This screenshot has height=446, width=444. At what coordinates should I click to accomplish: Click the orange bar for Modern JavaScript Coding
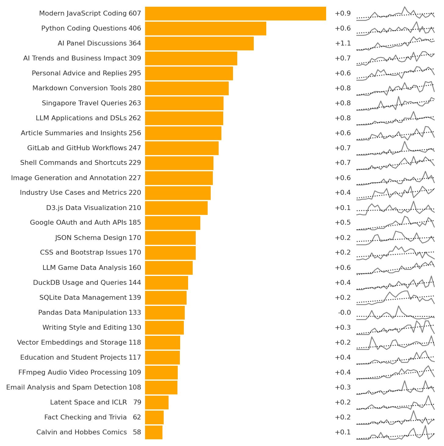point(235,14)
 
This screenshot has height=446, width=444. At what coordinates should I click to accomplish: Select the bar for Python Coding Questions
point(206,29)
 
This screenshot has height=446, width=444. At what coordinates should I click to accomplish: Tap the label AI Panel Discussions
point(92,43)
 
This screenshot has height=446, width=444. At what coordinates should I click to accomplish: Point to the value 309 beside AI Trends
point(135,58)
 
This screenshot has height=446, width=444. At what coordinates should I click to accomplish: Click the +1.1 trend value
point(343,43)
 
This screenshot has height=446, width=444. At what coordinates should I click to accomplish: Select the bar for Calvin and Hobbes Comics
point(154,432)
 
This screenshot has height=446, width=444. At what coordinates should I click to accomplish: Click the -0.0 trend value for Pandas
point(344,313)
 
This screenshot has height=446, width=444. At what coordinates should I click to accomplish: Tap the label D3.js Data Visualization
point(86,208)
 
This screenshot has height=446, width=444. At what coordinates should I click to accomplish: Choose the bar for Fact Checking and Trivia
point(154,417)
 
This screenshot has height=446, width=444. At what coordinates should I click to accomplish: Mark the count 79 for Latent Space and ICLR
point(137,402)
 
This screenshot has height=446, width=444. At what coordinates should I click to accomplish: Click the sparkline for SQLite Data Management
point(395,298)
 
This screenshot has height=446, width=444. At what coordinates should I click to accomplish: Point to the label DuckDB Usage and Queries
point(80,283)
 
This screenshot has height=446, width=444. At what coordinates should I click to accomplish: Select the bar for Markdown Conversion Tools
point(187,88)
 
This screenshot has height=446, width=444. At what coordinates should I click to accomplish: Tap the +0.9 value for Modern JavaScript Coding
point(343,14)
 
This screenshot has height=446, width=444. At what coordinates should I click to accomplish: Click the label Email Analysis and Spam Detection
point(66,387)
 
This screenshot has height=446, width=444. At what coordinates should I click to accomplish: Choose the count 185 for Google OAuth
point(135,223)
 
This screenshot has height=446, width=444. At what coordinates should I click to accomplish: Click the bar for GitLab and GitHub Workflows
point(182,148)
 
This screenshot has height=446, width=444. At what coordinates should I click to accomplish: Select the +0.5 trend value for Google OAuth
point(343,223)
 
